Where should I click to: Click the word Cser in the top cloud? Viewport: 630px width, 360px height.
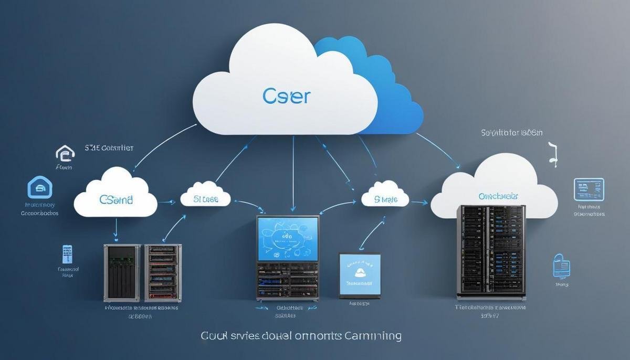pos(286,97)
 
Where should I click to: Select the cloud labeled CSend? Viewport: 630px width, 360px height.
pos(116,197)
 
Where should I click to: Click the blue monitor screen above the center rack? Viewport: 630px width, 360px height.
pos(288,239)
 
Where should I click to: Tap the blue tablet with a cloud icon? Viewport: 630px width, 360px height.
pos(360,276)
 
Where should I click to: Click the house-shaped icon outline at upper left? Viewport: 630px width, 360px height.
pos(65,154)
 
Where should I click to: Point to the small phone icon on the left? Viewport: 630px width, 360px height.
pos(67,254)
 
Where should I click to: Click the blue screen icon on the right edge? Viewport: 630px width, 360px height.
pos(589,189)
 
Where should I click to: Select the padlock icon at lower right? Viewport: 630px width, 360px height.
pos(560,266)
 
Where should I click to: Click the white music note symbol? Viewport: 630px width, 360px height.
pos(552,154)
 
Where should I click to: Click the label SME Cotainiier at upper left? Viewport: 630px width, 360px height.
pos(109,148)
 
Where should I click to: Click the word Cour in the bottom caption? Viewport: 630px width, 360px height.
pos(214,335)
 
